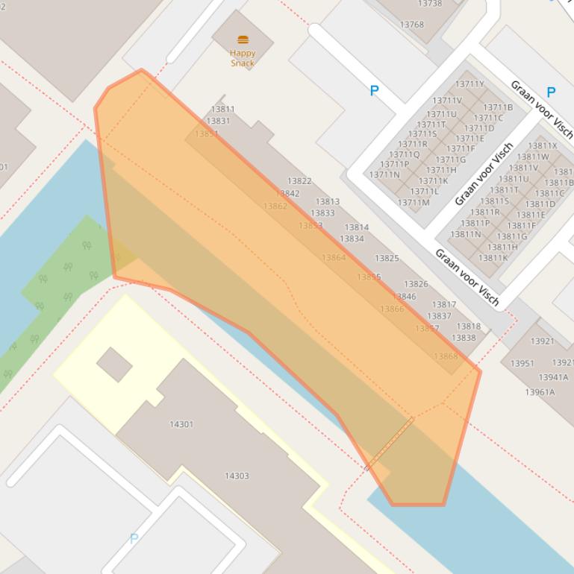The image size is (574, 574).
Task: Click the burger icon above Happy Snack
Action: pos(243,40)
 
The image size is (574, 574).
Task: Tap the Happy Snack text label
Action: pos(243,58)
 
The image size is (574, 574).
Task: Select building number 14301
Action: pos(181,424)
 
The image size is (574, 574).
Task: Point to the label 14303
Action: pos(237,476)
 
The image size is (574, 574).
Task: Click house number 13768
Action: pos(411,25)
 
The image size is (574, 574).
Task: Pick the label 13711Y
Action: pos(470,83)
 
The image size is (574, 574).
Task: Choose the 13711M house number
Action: pos(414,203)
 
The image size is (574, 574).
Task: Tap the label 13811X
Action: pos(543,146)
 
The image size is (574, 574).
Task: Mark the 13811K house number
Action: pos(493,258)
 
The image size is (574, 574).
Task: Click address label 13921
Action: pos(543,341)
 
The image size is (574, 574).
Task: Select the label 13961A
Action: pos(540,392)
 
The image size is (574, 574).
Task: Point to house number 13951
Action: pos(522,364)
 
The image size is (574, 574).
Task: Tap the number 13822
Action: pos(299,181)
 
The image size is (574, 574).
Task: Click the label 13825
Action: pos(387,259)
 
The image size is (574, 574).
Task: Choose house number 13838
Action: pos(464,338)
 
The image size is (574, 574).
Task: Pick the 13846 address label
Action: pos(404,297)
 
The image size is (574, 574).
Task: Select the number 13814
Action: pos(357,227)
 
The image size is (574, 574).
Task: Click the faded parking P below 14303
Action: pos(134,538)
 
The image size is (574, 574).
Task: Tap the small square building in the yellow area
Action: pos(114,365)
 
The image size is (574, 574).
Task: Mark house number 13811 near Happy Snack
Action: pos(222,109)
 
